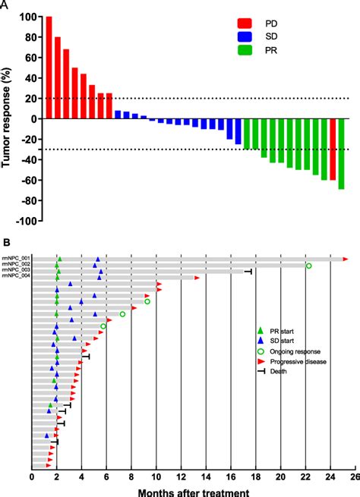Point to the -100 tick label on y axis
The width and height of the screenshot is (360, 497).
(27, 222)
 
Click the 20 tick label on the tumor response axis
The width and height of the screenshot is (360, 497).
(31, 98)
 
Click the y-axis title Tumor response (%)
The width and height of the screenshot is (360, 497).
(8, 118)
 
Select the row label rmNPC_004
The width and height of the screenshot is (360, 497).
(16, 277)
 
